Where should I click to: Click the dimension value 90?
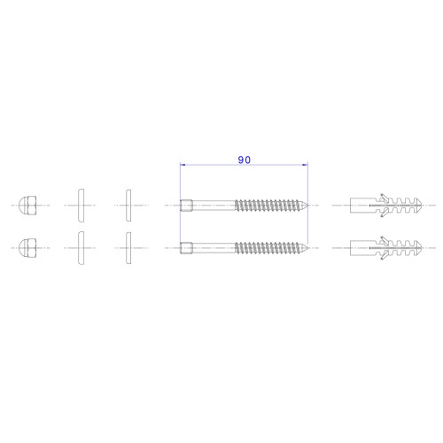pos(245,159)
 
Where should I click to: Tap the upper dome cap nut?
pos(27,205)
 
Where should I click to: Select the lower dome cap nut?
pos(27,248)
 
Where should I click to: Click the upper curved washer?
pos(81,206)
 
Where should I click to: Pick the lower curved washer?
pos(81,248)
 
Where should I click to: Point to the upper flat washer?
pos(128,206)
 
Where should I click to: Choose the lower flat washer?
pos(128,248)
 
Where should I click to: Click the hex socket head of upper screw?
pos(187,206)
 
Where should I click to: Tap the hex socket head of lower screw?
pos(187,248)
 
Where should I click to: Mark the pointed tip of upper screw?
pos(307,206)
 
